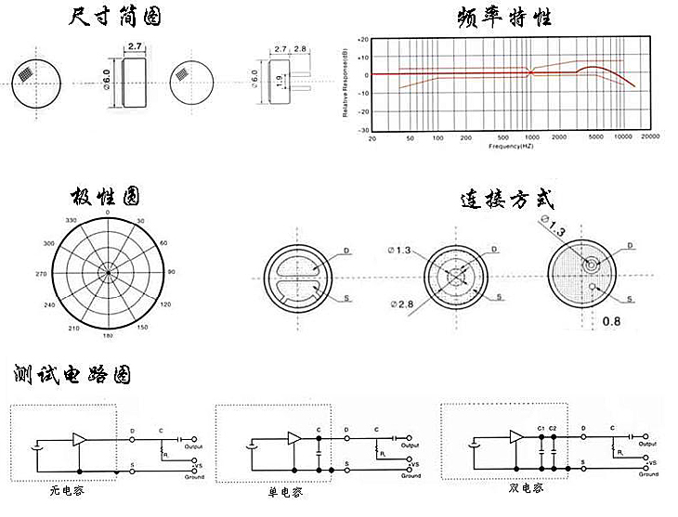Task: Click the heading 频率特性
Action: [504, 18]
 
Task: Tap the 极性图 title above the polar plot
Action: [107, 197]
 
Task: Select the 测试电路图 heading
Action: [72, 375]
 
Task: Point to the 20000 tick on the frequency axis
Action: [650, 137]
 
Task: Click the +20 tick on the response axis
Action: [363, 40]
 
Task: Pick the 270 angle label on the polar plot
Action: [39, 274]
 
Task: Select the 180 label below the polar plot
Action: [107, 335]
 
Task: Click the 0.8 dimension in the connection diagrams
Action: [612, 321]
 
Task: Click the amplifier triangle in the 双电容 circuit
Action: [516, 437]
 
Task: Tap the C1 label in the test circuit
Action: [541, 427]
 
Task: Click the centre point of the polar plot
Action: [108, 273]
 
